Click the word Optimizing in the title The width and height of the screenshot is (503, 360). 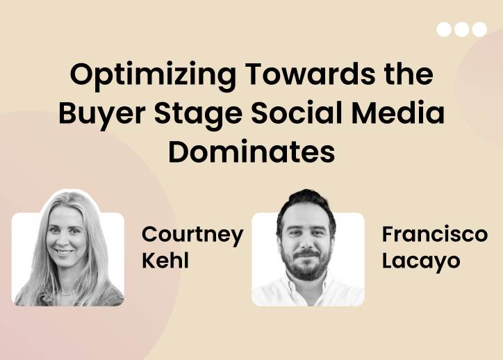153,76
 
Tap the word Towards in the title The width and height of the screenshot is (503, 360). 310,74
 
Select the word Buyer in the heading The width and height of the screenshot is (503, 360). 102,115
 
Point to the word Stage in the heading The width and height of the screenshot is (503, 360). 198,115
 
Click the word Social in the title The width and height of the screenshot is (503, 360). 297,113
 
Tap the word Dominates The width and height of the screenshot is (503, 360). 251,152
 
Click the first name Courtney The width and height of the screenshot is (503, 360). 192,235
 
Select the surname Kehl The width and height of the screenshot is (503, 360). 165,260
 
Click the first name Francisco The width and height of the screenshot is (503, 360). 435,234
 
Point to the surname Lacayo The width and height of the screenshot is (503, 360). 421,261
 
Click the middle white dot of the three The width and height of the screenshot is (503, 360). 461,29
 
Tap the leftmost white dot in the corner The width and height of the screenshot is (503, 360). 444,29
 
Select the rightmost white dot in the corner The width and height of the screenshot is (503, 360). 479,29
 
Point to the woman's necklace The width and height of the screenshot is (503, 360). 66,293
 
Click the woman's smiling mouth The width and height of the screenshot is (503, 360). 64,252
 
